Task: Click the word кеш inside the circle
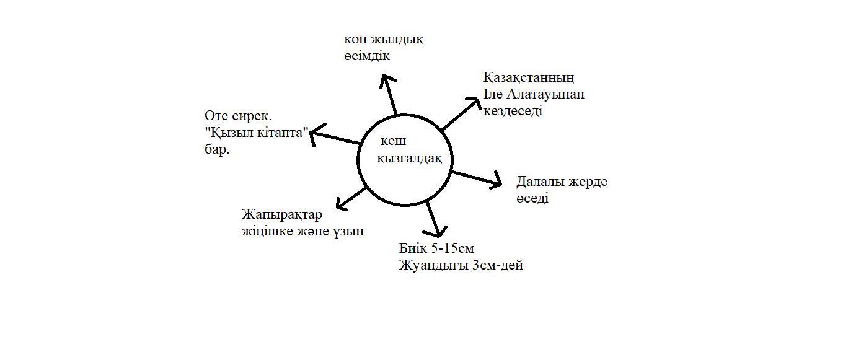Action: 393,141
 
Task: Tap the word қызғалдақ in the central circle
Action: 410,159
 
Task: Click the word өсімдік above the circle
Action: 367,56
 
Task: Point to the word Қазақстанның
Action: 529,78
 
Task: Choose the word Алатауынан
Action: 545,94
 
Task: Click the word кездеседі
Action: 513,112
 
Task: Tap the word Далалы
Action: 540,182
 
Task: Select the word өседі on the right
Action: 532,199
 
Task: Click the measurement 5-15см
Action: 452,248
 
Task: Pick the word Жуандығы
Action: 434,266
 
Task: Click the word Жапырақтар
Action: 282,215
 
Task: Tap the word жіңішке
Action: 268,232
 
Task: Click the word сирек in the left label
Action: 252,116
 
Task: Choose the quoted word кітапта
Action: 280,133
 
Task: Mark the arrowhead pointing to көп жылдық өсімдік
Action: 387,80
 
